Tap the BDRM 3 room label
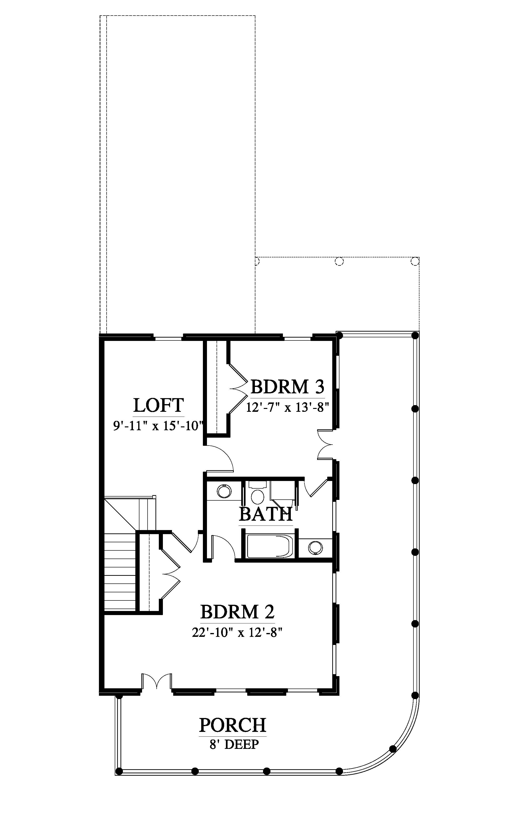(x=287, y=387)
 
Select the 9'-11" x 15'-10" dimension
(x=158, y=426)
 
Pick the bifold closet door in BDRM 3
(x=238, y=389)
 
